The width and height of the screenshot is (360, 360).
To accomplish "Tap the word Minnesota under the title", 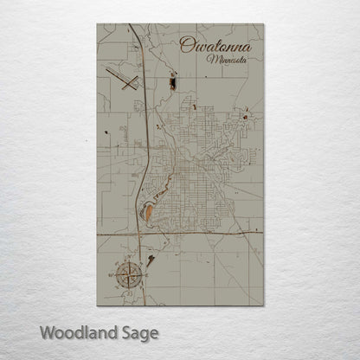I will click(x=226, y=60).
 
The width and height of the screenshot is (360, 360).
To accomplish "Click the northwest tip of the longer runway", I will click(x=106, y=68).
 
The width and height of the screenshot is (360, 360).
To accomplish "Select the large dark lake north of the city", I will click(x=172, y=83).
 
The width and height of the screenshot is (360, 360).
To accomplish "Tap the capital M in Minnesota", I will click(x=210, y=59).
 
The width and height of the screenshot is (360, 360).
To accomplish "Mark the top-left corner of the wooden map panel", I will click(x=97, y=24).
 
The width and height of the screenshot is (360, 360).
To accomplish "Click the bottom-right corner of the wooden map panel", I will click(x=264, y=305).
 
